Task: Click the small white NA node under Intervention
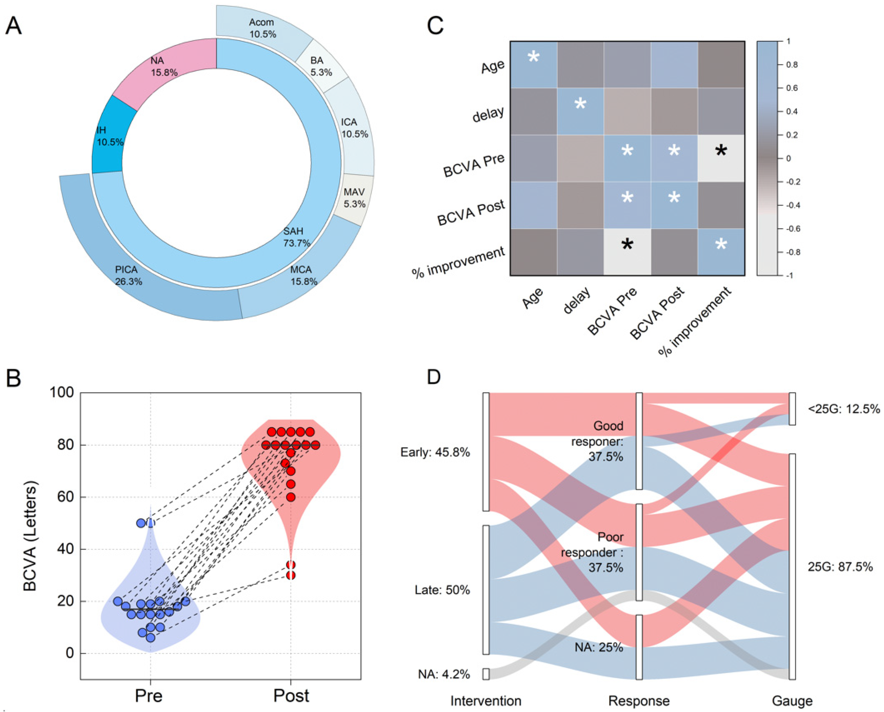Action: (x=486, y=674)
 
